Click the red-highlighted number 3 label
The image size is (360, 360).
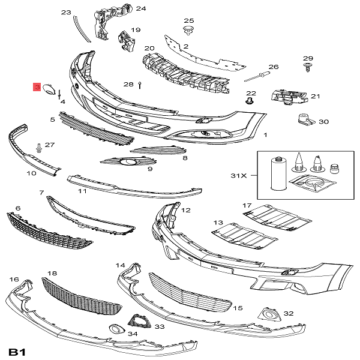pos(37,88)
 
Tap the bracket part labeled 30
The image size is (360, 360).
pos(308,120)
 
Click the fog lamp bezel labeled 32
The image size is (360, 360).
pos(268,314)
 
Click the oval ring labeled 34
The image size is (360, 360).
pos(114,329)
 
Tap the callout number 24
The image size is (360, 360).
pos(140,8)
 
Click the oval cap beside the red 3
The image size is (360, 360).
pos(51,92)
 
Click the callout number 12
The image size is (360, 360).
pos(185,210)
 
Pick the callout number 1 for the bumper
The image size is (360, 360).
pos(265,136)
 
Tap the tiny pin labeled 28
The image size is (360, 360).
pos(139,84)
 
